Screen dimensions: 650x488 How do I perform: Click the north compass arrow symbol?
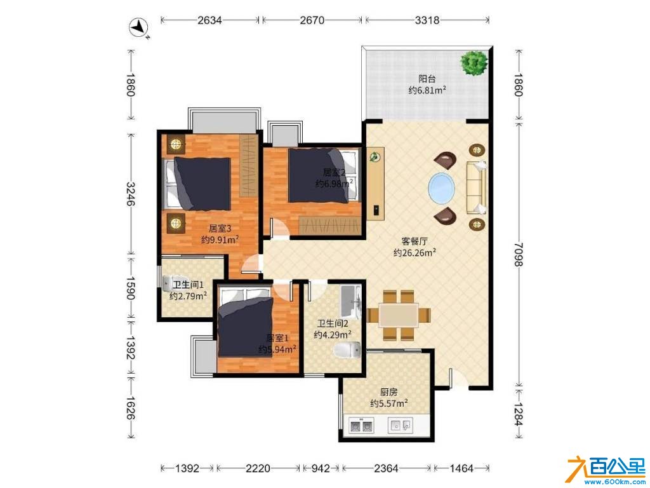coord(139,28)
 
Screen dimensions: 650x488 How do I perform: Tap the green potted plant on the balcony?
coord(474,63)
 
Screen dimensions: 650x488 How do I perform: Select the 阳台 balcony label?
coord(427,78)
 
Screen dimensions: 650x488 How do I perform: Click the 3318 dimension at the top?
coord(427,20)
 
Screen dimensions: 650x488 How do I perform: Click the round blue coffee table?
coord(442,188)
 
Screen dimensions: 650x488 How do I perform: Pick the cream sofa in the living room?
coord(477,187)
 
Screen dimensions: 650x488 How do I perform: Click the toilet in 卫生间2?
coord(347,350)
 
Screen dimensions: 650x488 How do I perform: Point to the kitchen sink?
coord(401,425)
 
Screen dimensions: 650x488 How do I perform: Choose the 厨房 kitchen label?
coord(389,391)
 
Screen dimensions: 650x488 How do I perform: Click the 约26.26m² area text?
coord(415,252)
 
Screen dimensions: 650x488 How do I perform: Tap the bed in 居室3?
coord(198,184)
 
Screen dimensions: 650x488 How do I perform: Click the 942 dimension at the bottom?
coord(321,468)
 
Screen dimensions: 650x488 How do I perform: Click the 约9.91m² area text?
coord(220,240)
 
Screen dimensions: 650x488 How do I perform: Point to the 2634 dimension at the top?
coord(209,20)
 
